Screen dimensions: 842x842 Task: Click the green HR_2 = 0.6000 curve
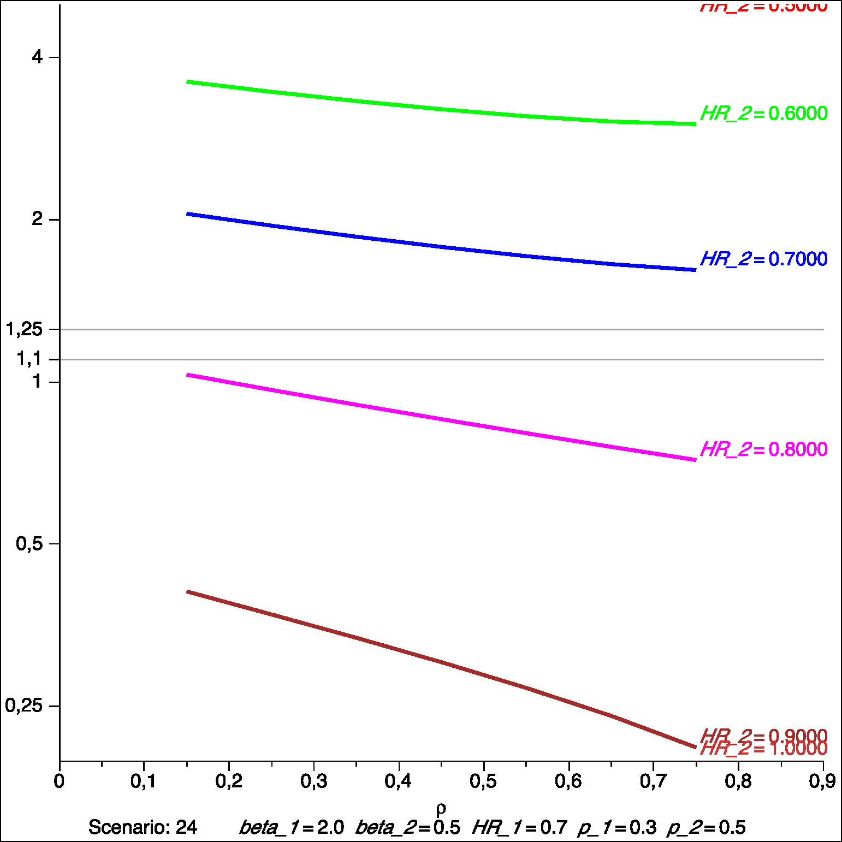441,108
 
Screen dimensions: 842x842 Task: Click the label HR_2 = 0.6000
763,114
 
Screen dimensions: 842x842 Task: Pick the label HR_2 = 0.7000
763,259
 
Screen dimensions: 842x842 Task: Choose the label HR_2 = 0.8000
763,449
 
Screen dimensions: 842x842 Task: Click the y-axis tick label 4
37,57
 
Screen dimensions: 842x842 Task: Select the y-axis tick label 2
37,219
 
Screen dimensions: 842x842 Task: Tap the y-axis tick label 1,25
24,329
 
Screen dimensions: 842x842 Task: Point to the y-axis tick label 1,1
29,359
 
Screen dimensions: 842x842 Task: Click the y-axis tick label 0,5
29,543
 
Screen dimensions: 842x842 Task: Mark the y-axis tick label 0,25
24,705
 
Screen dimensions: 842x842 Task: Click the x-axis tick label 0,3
313,781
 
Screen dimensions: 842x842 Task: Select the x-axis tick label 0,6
568,781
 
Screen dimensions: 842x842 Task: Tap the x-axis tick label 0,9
822,781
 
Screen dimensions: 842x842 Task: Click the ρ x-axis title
441,808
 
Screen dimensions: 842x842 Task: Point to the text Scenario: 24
143,827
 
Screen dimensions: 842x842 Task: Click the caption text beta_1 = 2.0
292,828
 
